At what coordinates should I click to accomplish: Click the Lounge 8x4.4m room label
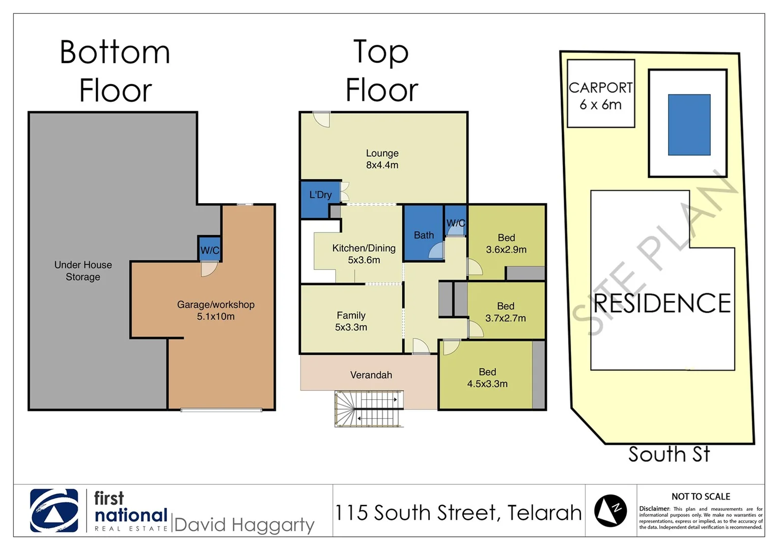[x=382, y=159]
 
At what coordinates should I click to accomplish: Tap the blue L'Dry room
[x=320, y=199]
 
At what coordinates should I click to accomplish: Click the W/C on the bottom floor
[x=209, y=249]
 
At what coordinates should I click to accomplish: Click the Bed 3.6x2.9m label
[x=506, y=243]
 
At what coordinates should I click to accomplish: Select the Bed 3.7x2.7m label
[x=505, y=312]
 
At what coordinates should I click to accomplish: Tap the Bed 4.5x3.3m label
[x=487, y=378]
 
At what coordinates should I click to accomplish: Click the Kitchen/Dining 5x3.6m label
[x=364, y=254]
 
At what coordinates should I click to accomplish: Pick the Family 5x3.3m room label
[x=351, y=321]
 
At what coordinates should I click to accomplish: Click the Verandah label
[x=371, y=375]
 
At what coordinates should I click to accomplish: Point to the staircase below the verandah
[x=369, y=408]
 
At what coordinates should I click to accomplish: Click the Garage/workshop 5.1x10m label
[x=215, y=310]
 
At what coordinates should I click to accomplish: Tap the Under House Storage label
[x=83, y=271]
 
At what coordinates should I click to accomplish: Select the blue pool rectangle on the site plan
[x=689, y=125]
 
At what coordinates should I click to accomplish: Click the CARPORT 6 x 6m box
[x=601, y=94]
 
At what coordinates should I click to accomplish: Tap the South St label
[x=669, y=454]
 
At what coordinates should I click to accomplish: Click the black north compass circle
[x=610, y=510]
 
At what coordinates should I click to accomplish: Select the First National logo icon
[x=54, y=510]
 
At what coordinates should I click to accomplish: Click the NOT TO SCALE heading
[x=701, y=497]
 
